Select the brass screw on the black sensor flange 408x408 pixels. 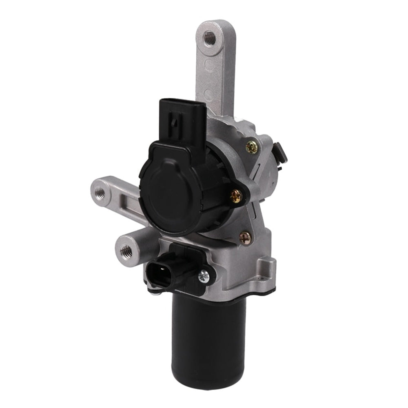236,196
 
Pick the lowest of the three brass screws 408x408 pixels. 245,238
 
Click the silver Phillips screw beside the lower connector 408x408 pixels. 203,276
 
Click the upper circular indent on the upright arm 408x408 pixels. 209,65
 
